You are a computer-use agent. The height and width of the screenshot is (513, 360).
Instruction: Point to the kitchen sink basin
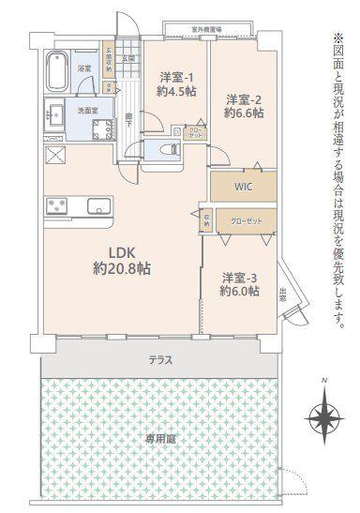tap(96, 205)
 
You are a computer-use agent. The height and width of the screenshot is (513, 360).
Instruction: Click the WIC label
tap(241, 186)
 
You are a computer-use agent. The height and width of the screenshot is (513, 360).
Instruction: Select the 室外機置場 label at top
tap(205, 29)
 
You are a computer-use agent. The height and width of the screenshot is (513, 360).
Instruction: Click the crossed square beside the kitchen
tap(52, 157)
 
